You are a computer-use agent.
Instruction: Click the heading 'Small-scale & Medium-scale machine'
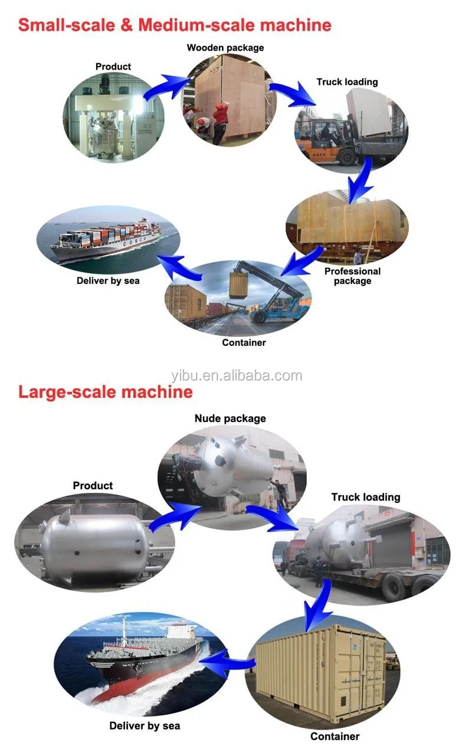click(x=175, y=25)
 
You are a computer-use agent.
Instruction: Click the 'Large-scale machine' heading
click(x=106, y=392)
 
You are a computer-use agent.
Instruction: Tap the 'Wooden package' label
click(x=225, y=47)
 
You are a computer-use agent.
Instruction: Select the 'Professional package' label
click(x=352, y=276)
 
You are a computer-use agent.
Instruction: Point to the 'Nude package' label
click(x=230, y=418)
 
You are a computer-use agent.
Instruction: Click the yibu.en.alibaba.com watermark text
click(x=236, y=375)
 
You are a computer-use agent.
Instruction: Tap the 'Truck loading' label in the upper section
click(x=347, y=82)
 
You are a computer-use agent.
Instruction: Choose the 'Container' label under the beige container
click(x=335, y=736)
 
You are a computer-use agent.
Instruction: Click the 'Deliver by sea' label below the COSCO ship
click(x=108, y=280)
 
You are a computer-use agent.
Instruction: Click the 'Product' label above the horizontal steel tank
click(x=93, y=486)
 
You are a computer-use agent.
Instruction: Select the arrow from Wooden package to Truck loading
click(x=294, y=94)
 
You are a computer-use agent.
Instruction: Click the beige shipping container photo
click(x=322, y=673)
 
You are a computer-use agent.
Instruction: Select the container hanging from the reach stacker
click(x=239, y=283)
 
